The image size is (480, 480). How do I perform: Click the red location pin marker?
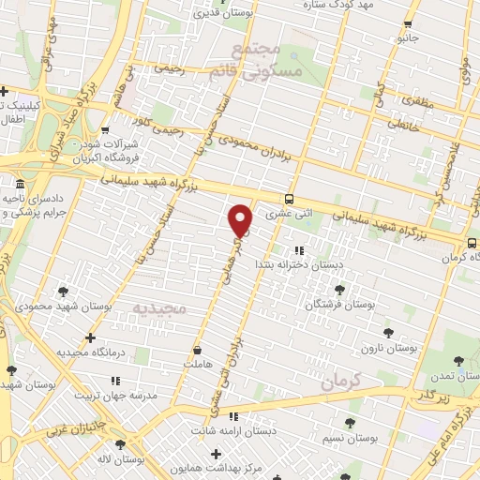tap(241, 219)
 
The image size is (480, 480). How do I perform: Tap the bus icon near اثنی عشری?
tap(289, 199)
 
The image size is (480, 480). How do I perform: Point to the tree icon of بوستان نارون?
tap(388, 332)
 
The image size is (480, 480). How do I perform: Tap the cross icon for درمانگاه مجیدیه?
tap(90, 337)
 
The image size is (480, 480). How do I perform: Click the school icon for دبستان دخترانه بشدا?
tap(299, 250)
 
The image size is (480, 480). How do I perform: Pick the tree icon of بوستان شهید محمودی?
tap(63, 292)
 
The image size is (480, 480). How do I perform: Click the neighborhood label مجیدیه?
tap(159, 307)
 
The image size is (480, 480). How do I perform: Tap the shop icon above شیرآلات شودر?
tap(104, 130)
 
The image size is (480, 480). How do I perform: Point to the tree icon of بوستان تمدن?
tap(458, 360)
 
